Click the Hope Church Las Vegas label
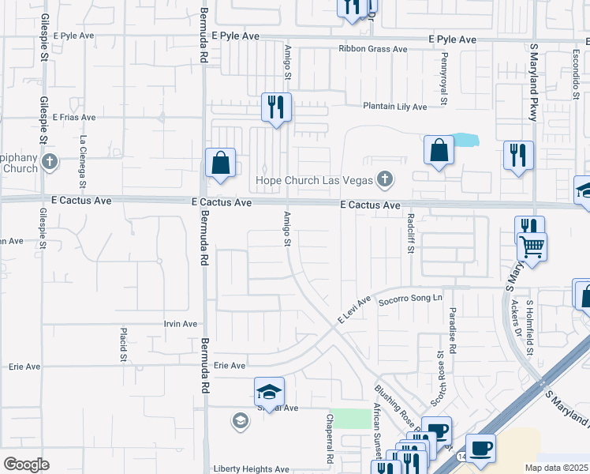[x=314, y=180]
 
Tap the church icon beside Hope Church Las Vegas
[x=385, y=179]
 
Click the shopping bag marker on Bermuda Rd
[x=221, y=163]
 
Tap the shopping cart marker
[x=532, y=246]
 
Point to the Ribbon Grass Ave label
[x=373, y=49]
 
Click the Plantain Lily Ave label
[x=394, y=107]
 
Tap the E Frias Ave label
[x=74, y=117]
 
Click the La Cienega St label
[x=82, y=156]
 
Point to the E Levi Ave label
[x=353, y=309]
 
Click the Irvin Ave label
[x=180, y=324]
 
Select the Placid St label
[x=123, y=345]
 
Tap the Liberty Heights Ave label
[x=251, y=468]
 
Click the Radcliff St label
[x=410, y=233]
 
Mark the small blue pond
[x=465, y=141]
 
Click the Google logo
[x=26, y=464]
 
